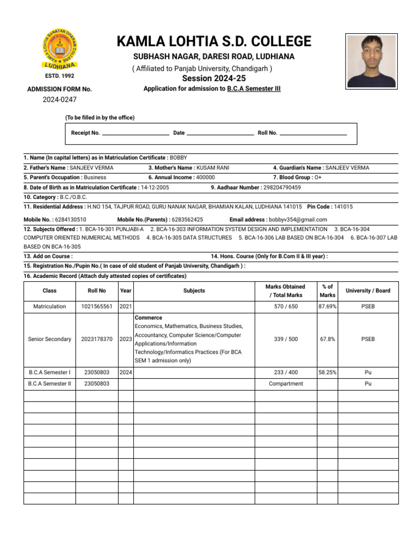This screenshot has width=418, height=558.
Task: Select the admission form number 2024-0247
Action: point(59,100)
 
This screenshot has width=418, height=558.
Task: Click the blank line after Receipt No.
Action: point(136,133)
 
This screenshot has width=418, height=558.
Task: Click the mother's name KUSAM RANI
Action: point(213,168)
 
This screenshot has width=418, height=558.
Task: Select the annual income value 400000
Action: point(205,177)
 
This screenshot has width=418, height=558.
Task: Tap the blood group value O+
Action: point(318,177)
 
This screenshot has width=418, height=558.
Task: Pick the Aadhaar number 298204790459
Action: point(281,187)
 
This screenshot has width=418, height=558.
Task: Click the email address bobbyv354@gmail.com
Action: point(298,220)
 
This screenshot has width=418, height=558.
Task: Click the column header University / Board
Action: point(368,291)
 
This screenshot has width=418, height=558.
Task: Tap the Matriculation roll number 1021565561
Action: point(96,306)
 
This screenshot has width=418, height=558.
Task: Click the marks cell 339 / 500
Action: point(286,339)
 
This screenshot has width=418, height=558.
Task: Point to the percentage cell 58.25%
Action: point(327,372)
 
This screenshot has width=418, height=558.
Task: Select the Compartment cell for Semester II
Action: point(286,384)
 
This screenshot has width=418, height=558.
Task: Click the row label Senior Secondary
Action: point(50,339)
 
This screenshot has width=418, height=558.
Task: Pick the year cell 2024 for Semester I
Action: point(126,372)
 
